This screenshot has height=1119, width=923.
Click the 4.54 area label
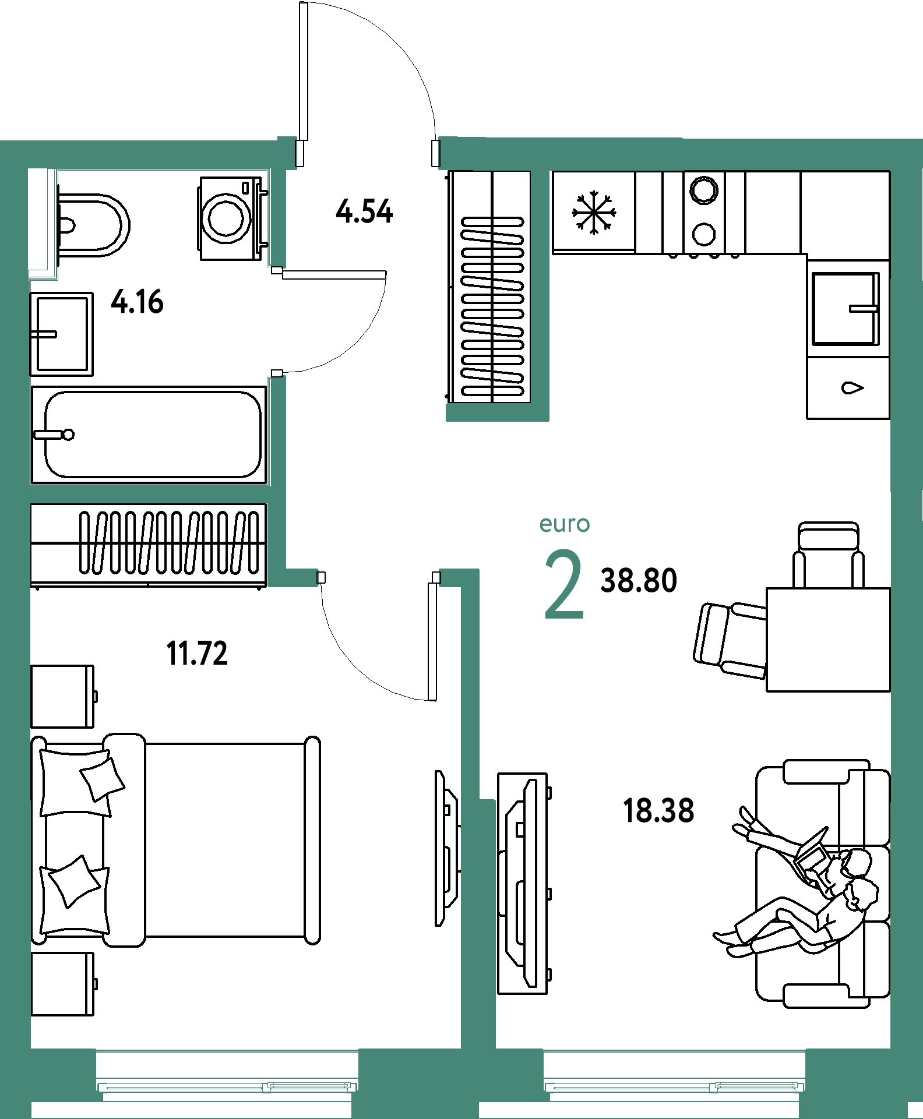(365, 211)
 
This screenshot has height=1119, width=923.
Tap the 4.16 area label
(138, 301)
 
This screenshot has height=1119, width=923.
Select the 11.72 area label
(197, 653)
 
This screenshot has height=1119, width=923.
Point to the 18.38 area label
(658, 810)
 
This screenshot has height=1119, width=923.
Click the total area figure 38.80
(639, 580)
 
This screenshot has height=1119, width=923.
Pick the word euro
(565, 524)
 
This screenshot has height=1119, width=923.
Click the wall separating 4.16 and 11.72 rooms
(149, 494)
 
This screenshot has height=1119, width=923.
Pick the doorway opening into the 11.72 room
(379, 577)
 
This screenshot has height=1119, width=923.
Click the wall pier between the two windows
(418, 1078)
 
